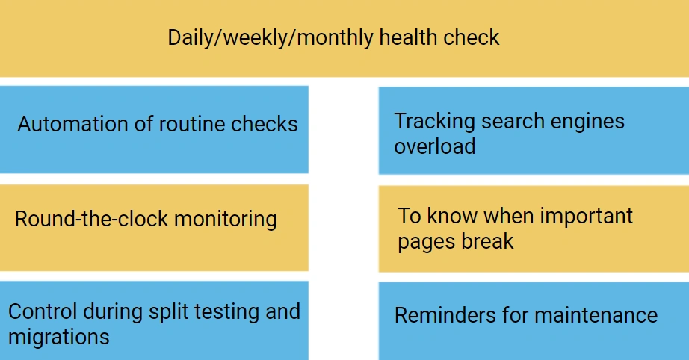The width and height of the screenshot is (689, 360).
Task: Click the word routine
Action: point(193,124)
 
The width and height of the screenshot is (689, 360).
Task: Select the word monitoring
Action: point(226,220)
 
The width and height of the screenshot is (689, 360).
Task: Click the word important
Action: point(586,217)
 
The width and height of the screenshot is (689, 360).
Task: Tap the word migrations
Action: point(59,336)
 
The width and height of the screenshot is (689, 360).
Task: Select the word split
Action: point(171,311)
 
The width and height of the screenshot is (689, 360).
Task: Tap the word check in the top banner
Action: point(472,37)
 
